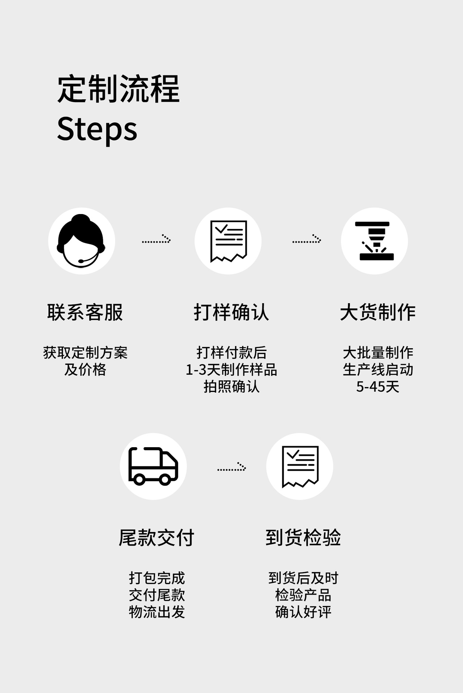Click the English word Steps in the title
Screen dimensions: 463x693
97,129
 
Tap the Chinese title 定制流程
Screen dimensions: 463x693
118,89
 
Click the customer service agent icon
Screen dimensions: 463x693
82,241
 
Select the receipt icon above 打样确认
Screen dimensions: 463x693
228,241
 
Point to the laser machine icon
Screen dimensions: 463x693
374,241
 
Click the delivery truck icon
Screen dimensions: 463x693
153,466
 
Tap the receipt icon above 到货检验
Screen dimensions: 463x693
300,466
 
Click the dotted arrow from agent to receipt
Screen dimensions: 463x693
156,239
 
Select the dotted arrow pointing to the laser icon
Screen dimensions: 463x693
306,239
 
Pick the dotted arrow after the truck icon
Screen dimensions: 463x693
231,467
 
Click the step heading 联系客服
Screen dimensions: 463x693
85,312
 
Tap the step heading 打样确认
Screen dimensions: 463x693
231,312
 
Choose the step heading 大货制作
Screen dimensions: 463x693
378,312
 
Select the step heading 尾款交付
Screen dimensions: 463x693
157,537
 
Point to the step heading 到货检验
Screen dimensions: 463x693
303,537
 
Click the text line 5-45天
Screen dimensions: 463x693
378,387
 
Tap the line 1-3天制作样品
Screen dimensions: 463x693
231,370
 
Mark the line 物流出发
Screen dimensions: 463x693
157,612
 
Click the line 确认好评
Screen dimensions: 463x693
303,612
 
